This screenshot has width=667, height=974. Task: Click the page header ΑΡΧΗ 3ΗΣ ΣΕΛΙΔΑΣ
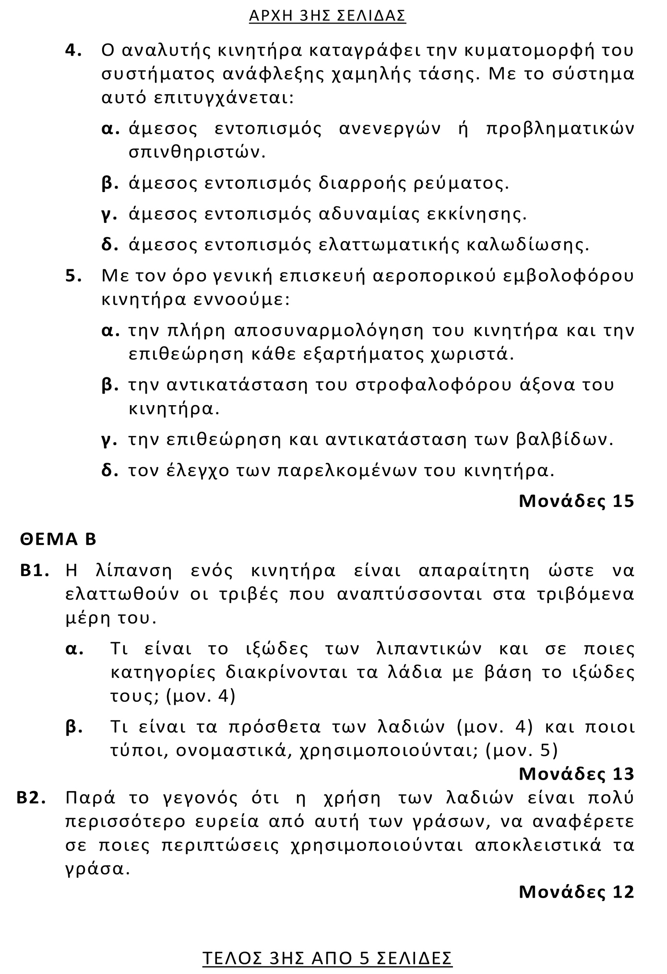coord(327,16)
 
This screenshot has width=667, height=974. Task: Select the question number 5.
coord(73,277)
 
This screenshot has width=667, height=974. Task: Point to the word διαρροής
coord(363,183)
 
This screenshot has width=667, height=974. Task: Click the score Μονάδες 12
coord(576,892)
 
